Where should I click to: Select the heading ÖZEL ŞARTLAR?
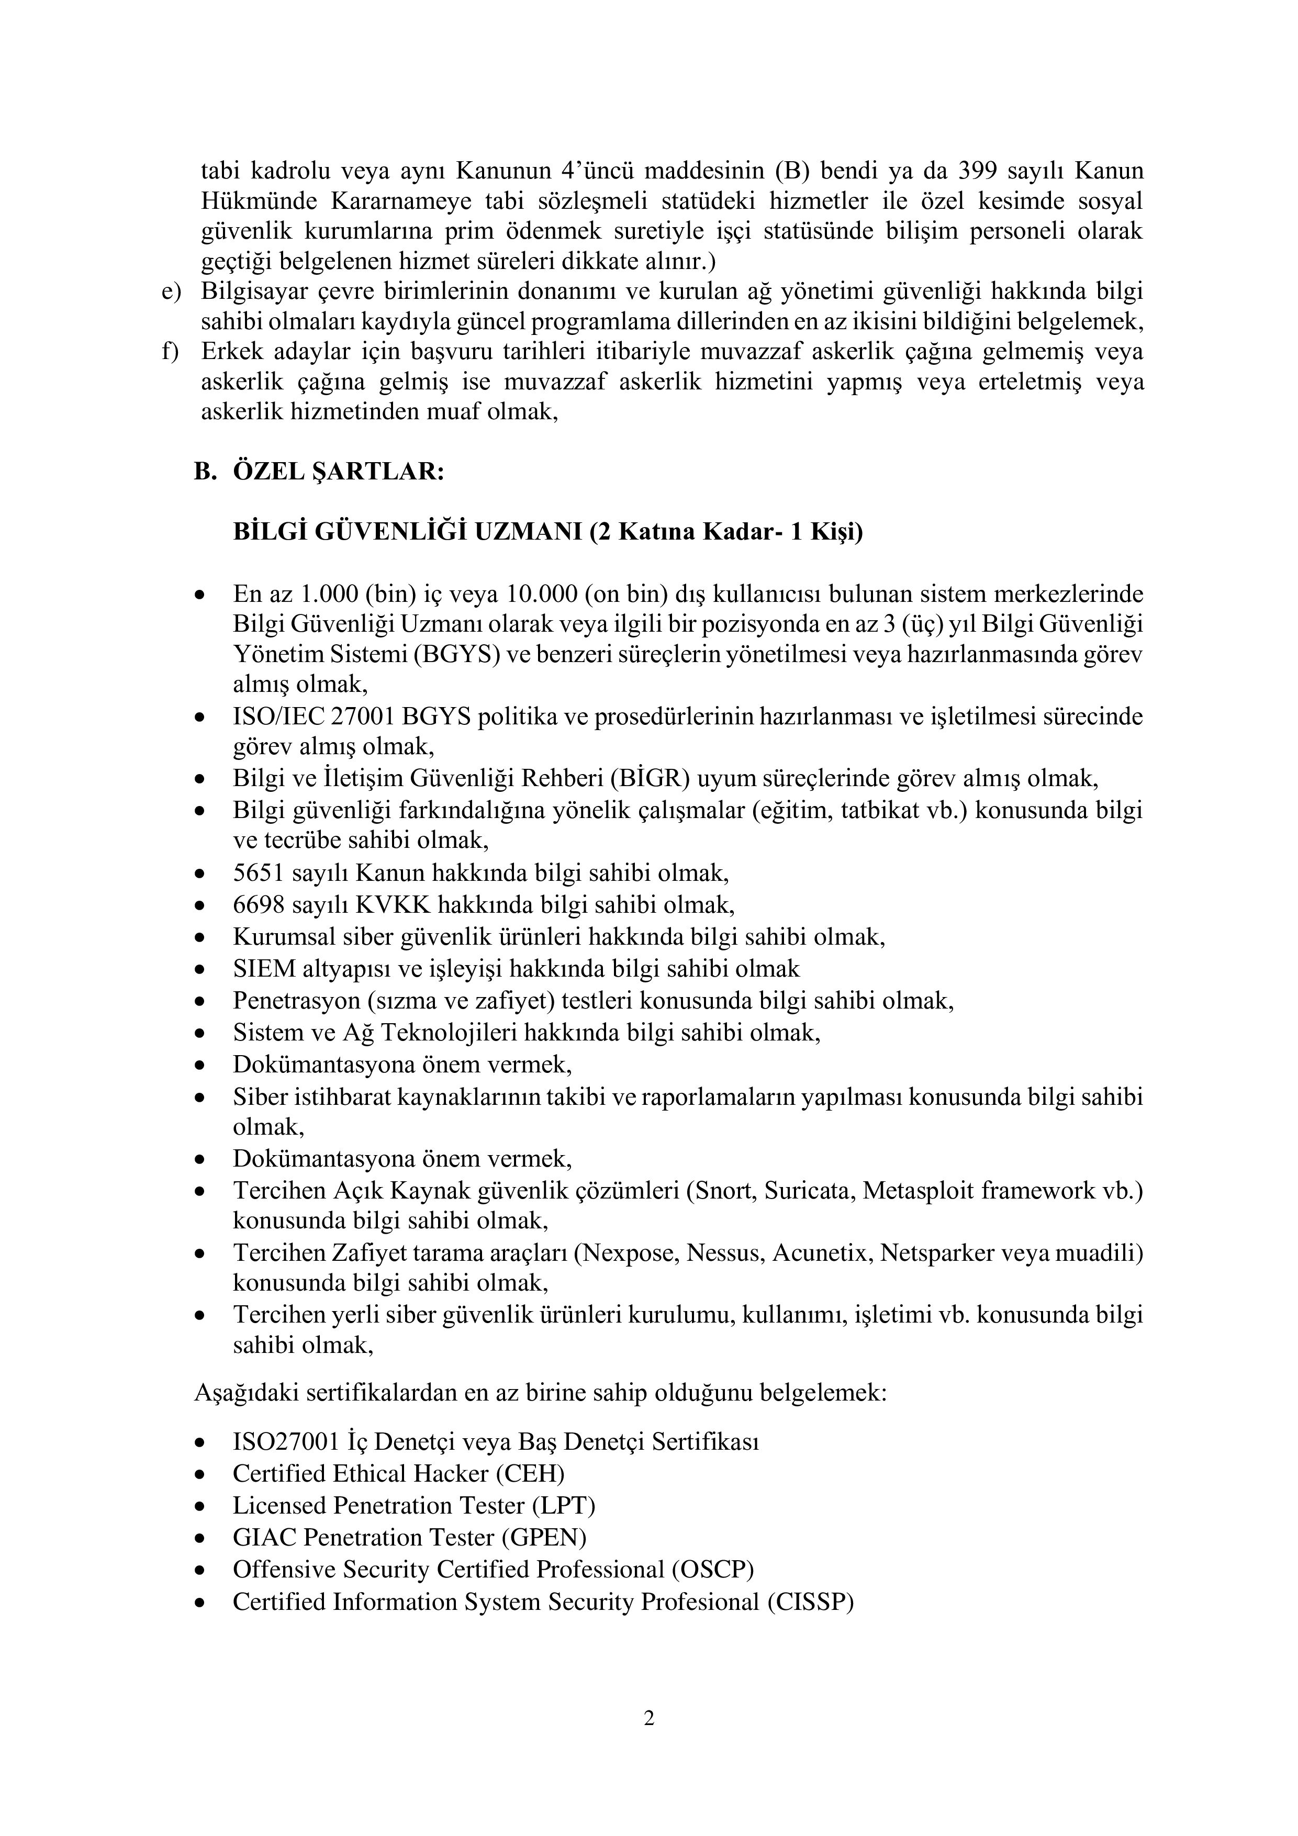pos(338,472)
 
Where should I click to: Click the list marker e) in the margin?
pos(171,292)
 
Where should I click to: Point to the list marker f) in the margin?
pos(170,352)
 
